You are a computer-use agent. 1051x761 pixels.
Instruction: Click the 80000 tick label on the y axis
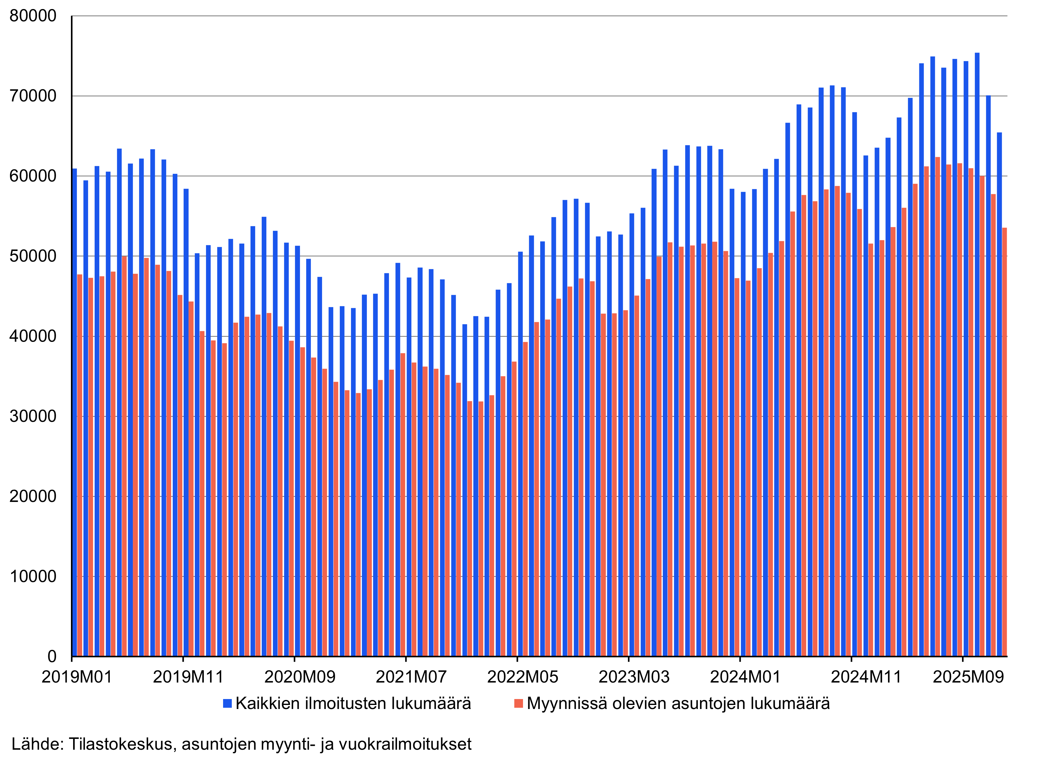(x=33, y=16)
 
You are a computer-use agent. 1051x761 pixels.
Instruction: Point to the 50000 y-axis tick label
(x=33, y=256)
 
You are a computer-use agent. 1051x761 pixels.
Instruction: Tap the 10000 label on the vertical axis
(x=33, y=576)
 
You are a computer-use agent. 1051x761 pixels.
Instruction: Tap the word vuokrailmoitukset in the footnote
(x=405, y=744)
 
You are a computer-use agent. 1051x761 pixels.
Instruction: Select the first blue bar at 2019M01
(x=75, y=413)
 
